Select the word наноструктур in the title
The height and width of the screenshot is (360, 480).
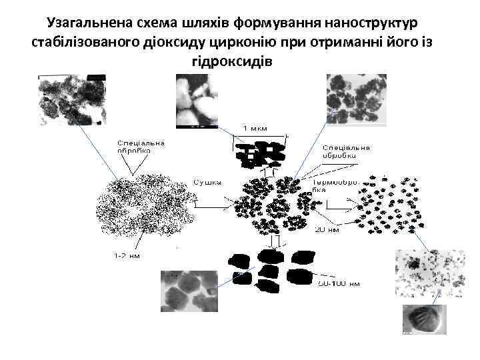(375, 24)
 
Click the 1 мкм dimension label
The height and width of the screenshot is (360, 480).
(255, 127)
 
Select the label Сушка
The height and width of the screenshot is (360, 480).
(207, 181)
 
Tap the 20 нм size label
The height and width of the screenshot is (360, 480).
(327, 229)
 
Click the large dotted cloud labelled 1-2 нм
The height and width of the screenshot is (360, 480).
(143, 207)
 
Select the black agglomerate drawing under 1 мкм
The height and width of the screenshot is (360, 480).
(260, 155)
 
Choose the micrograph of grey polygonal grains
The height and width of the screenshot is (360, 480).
(189, 291)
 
